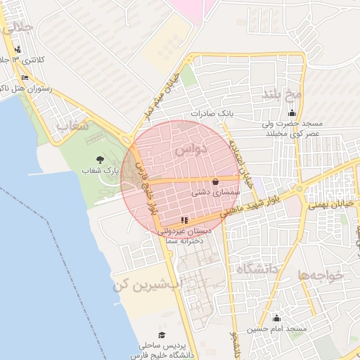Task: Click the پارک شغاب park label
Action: coord(101,171)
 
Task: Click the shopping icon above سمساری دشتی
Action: coord(215,181)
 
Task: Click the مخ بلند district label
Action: coord(282,94)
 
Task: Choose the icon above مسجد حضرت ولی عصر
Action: coord(292,113)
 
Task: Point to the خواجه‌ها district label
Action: coord(321,276)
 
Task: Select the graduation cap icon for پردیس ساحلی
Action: coord(162,335)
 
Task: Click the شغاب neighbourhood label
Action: coord(72,127)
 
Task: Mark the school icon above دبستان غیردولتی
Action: coord(184,220)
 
